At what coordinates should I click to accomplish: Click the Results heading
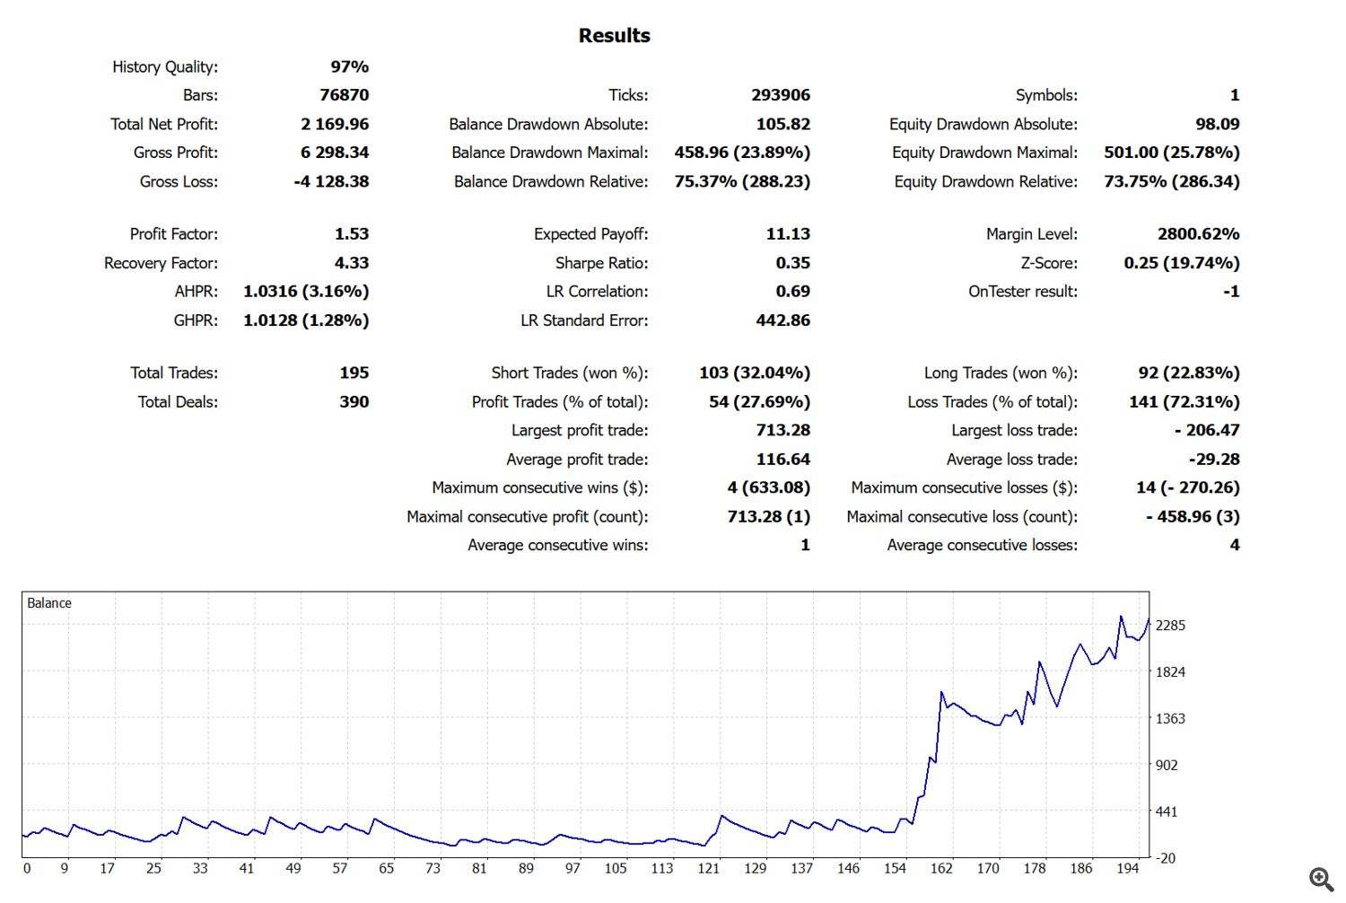tap(614, 36)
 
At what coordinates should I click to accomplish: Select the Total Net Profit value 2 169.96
tap(335, 124)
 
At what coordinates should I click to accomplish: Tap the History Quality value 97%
tap(349, 66)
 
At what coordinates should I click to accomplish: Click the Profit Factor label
tap(173, 234)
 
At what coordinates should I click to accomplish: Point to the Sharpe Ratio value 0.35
tap(792, 263)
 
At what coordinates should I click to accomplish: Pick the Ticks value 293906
tap(781, 95)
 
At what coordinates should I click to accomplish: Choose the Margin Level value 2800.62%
tap(1198, 234)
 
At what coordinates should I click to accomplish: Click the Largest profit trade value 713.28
tap(782, 430)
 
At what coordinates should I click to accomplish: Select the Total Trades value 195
tap(354, 373)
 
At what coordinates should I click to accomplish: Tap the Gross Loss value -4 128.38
tap(331, 181)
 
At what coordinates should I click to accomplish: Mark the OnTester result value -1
tap(1231, 292)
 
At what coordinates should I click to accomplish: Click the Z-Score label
tap(1048, 263)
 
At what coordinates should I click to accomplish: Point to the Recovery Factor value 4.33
tap(352, 263)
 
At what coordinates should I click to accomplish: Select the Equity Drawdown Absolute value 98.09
tap(1217, 124)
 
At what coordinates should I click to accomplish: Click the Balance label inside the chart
tap(49, 603)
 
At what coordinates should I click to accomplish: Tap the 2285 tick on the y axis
tap(1170, 626)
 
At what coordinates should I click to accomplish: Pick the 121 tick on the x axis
tap(709, 868)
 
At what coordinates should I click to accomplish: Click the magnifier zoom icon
tap(1321, 879)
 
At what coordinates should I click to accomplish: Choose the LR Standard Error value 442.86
tap(782, 320)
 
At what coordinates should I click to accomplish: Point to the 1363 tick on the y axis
tap(1170, 719)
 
